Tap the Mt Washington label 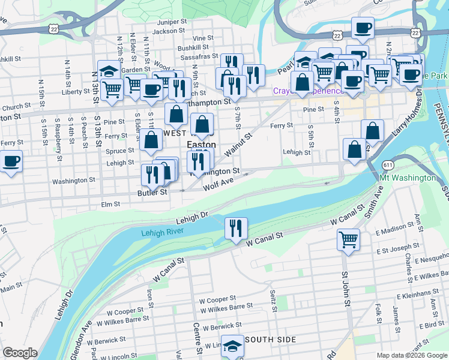[x=408, y=178]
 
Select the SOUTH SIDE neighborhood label [x=270, y=340]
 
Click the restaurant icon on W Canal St [x=236, y=227]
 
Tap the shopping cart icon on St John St [x=348, y=239]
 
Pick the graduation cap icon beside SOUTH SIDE [x=232, y=346]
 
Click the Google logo [x=20, y=352]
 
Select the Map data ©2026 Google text [x=411, y=355]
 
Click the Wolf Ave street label [x=217, y=182]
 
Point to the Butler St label [x=152, y=193]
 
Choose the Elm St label [x=110, y=204]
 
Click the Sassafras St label [x=193, y=56]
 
